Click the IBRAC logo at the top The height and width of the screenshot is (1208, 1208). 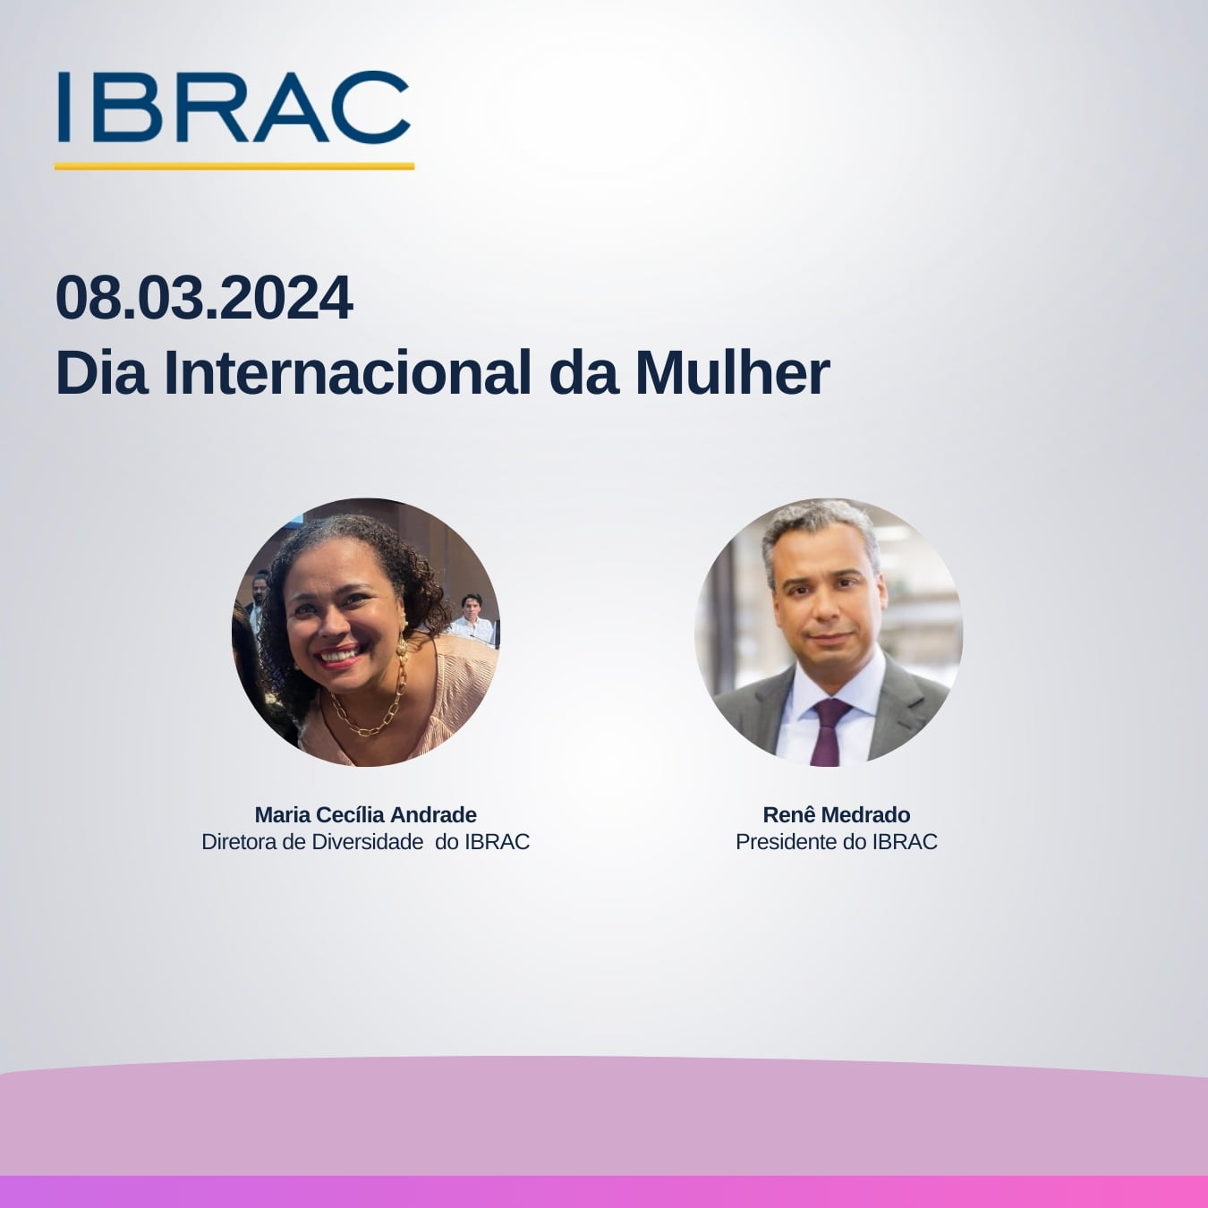pos(233,107)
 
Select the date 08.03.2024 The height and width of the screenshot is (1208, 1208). pos(204,299)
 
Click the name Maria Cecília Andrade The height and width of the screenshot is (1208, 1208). pos(365,815)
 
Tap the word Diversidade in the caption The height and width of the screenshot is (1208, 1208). pos(367,842)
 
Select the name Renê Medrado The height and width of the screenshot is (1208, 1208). pos(836,815)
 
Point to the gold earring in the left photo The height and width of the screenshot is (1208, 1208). pos(401,646)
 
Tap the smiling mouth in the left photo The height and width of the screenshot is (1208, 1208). pos(340,658)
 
